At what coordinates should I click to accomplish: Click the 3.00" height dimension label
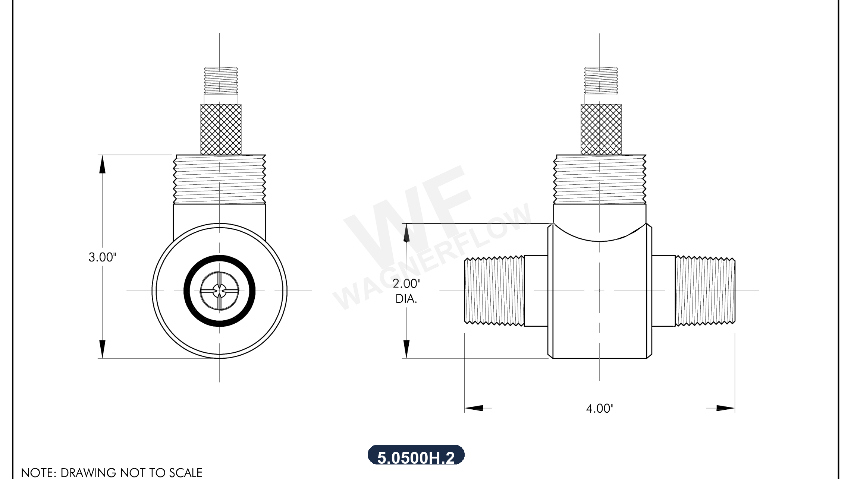pos(102,257)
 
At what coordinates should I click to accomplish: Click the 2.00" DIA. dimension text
pos(406,291)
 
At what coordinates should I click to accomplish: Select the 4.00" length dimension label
pos(599,409)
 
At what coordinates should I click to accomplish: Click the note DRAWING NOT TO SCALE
pos(112,472)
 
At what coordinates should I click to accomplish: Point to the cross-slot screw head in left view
pos(219,291)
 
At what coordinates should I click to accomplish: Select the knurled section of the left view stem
pos(221,129)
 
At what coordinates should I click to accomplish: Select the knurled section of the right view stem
pos(601,129)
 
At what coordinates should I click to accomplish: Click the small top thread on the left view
pos(221,80)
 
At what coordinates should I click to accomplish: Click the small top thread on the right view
pos(601,80)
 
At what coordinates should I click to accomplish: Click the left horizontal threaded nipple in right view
pos(494,291)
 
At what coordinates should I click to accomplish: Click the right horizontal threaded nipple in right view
pos(705,291)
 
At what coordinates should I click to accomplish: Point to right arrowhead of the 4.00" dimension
pos(726,408)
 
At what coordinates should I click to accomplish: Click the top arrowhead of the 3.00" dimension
pos(102,164)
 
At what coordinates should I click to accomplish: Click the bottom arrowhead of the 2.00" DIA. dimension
pos(406,349)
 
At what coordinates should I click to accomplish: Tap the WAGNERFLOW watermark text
pos(433,257)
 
